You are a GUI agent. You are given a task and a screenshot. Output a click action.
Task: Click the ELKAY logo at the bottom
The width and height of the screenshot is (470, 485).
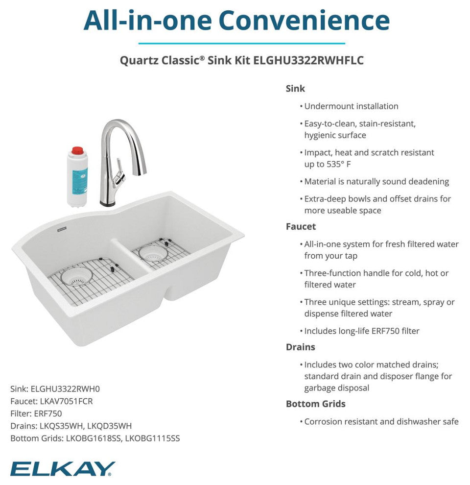(x=63, y=469)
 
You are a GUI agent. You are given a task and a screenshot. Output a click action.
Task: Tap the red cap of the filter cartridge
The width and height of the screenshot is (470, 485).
(x=77, y=150)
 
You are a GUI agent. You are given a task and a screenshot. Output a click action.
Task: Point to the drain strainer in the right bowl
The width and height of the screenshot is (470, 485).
(x=153, y=253)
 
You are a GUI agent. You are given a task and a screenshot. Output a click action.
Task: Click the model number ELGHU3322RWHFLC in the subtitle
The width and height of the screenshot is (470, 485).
(x=308, y=60)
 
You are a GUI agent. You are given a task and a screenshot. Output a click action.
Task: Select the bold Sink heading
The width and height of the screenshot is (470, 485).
(x=295, y=89)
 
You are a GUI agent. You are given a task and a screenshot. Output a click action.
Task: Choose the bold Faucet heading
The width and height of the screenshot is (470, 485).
(x=301, y=226)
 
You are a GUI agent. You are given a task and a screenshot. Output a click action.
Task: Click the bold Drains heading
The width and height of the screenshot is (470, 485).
(x=300, y=347)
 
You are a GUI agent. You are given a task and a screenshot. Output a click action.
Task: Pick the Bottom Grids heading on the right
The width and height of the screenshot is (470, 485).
(x=315, y=404)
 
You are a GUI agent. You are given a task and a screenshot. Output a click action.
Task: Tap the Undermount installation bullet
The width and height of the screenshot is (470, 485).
(x=351, y=106)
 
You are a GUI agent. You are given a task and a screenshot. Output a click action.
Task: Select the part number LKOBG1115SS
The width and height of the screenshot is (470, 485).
(x=152, y=438)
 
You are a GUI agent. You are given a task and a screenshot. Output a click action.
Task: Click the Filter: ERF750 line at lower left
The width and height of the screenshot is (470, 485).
(x=36, y=413)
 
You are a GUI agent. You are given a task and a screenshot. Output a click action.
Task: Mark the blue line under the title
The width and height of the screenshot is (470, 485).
(x=235, y=43)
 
